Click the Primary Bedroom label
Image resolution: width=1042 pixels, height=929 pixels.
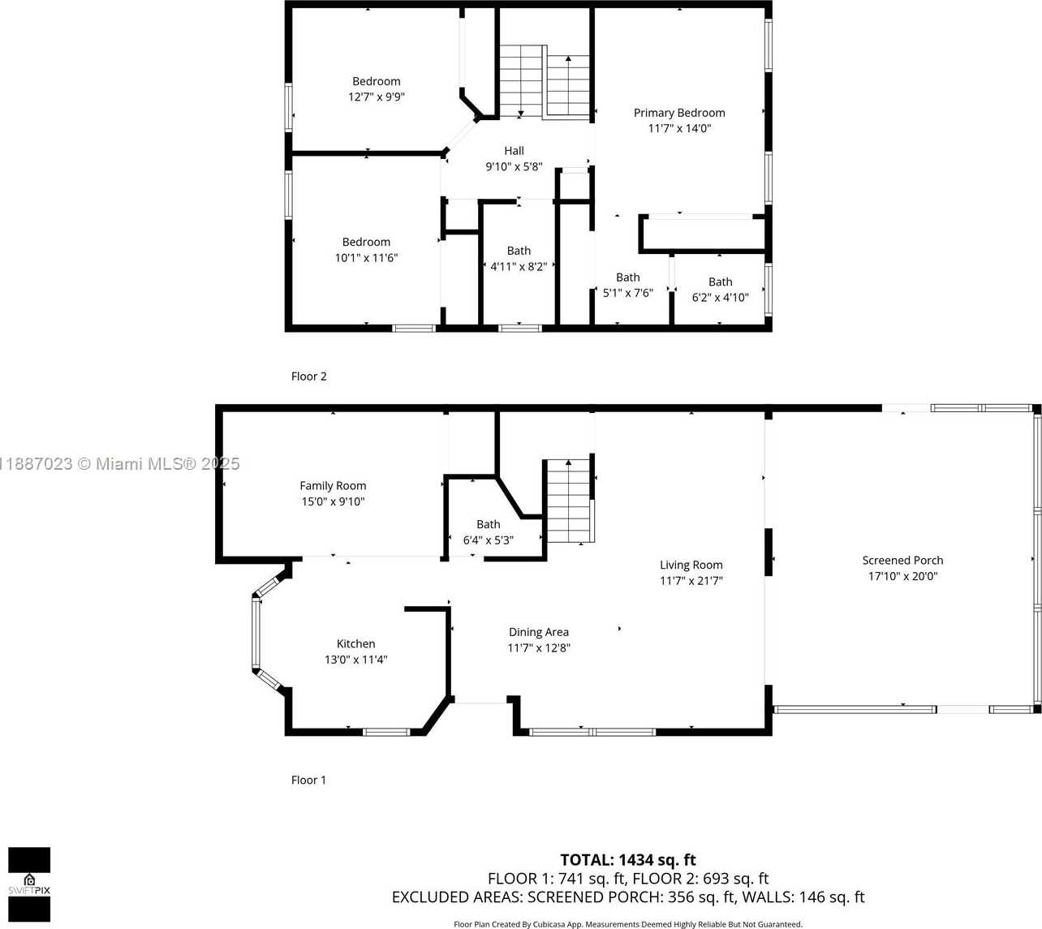click(x=679, y=113)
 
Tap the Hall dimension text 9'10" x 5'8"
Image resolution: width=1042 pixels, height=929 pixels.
click(x=514, y=166)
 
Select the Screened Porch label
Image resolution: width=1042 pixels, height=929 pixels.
click(x=902, y=561)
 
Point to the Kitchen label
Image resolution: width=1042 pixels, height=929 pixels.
click(x=356, y=643)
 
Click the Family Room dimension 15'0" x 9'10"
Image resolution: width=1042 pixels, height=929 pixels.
click(x=333, y=501)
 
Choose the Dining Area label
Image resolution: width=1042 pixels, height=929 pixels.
click(x=539, y=632)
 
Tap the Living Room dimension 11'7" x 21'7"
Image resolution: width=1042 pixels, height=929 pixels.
click(x=691, y=580)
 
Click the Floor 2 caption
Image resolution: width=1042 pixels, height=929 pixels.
click(x=308, y=376)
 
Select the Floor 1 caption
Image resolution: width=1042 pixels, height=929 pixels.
click(x=308, y=780)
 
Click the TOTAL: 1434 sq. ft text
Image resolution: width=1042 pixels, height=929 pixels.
click(x=627, y=859)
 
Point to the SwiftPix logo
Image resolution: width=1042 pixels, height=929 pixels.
click(x=29, y=884)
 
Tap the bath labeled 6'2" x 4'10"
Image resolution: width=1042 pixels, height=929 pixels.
click(x=720, y=290)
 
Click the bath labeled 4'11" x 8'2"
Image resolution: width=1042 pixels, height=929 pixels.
click(x=519, y=259)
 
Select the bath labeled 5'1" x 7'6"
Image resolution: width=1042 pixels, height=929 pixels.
click(x=627, y=285)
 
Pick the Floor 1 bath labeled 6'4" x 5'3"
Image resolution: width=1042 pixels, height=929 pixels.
click(x=488, y=532)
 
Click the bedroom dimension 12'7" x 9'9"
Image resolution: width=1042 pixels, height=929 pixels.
click(x=377, y=97)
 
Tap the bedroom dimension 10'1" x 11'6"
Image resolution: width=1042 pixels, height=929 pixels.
click(x=366, y=257)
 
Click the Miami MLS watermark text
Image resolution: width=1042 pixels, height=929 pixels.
click(x=120, y=464)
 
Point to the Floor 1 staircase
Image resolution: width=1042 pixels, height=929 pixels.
click(x=568, y=501)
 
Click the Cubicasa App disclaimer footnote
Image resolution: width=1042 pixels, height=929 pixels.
click(x=628, y=924)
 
